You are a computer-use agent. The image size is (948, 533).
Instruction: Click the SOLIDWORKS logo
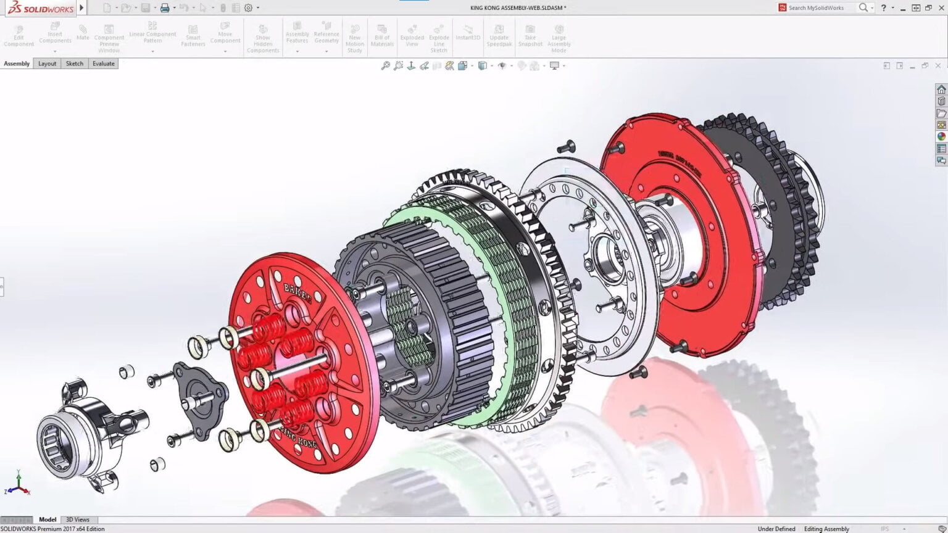41,8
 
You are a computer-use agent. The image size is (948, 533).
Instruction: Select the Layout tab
47,64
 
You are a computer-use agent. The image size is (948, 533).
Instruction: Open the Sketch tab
75,64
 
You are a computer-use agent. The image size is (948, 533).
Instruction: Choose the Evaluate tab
104,64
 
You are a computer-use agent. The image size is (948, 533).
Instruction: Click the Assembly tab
17,64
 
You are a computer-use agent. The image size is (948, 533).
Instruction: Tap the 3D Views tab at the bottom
78,519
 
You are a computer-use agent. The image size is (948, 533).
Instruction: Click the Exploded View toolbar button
412,36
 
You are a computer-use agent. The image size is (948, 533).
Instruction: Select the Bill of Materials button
382,36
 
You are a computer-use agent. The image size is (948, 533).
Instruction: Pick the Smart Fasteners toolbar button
193,36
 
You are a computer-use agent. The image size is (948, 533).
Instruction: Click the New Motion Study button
355,38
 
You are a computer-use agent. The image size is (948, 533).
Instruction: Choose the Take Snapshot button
530,36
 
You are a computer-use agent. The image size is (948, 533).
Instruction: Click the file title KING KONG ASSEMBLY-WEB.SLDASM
518,8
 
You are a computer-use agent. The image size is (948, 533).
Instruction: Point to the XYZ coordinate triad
19,484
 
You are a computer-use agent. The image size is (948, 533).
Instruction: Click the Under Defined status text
776,529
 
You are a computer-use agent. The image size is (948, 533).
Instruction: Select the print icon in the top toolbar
165,8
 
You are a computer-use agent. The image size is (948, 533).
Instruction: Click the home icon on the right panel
941,89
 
